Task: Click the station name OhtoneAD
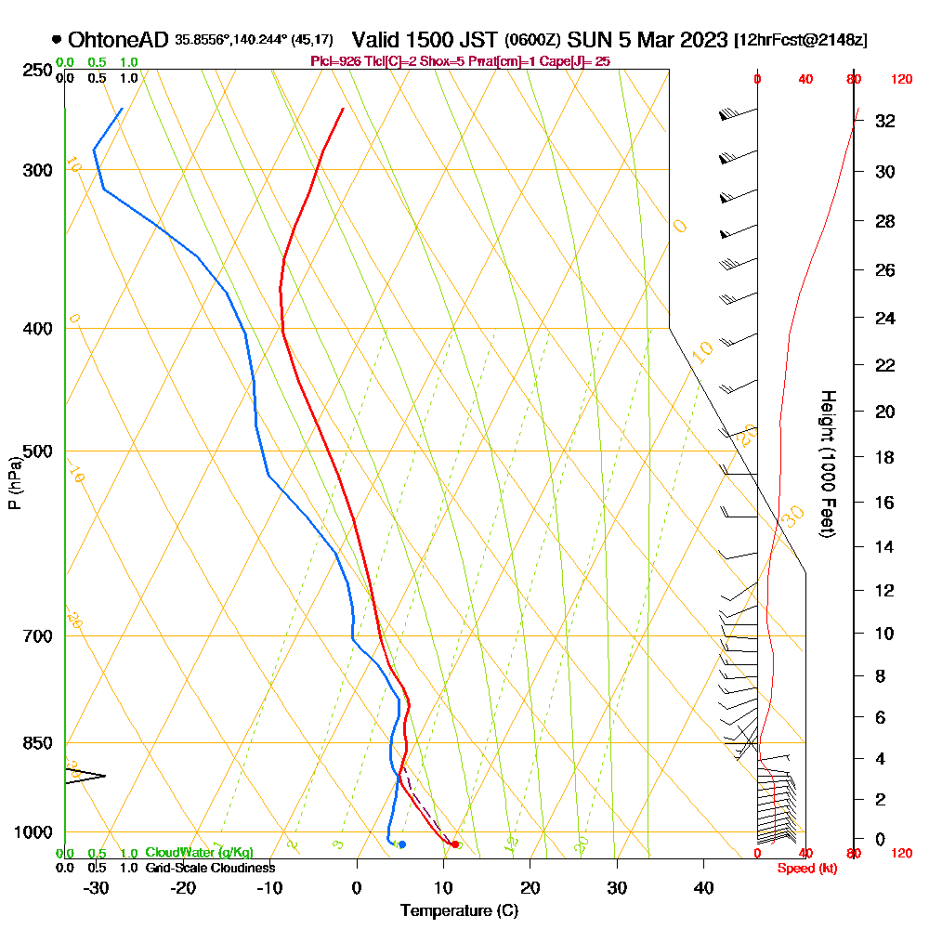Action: (118, 40)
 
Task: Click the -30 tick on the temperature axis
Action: (96, 887)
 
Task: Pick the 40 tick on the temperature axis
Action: (703, 887)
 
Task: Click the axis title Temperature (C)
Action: (459, 911)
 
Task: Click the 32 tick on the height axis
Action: (884, 121)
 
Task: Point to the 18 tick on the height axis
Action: (884, 457)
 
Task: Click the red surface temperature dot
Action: (454, 844)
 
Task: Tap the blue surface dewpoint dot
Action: (401, 844)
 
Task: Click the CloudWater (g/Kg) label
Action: (199, 853)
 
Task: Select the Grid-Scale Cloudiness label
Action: (209, 868)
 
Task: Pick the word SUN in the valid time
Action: (585, 40)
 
